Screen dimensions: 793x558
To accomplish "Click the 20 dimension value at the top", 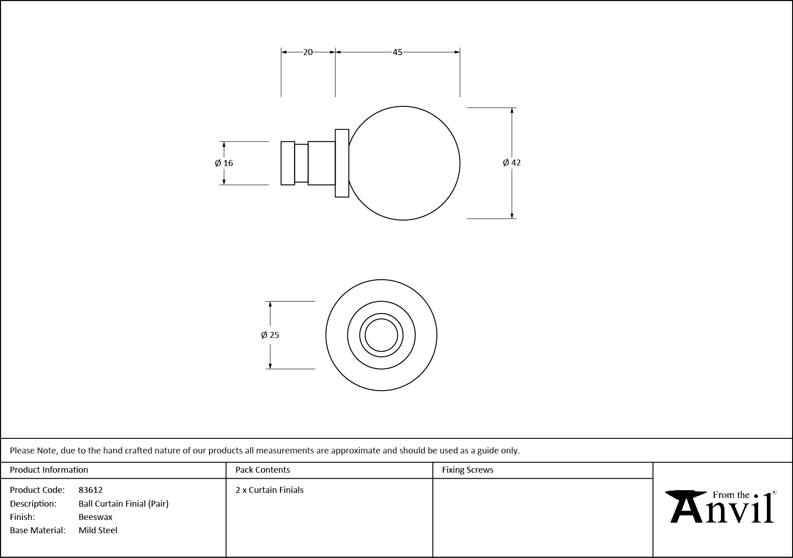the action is [x=308, y=52].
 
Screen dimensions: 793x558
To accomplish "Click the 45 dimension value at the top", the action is [x=397, y=52].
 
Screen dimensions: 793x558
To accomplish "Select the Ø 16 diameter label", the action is [x=224, y=163].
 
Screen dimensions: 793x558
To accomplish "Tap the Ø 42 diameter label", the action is [x=512, y=162].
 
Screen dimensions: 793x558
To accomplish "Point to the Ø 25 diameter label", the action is [x=270, y=335].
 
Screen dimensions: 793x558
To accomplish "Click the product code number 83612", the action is [x=91, y=490].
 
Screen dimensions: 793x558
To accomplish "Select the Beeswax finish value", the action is [x=95, y=517].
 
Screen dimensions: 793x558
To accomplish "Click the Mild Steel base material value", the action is [x=98, y=530].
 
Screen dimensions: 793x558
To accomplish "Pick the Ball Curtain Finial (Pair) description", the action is [x=124, y=503].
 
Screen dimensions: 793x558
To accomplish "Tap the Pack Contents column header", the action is [x=263, y=470].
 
